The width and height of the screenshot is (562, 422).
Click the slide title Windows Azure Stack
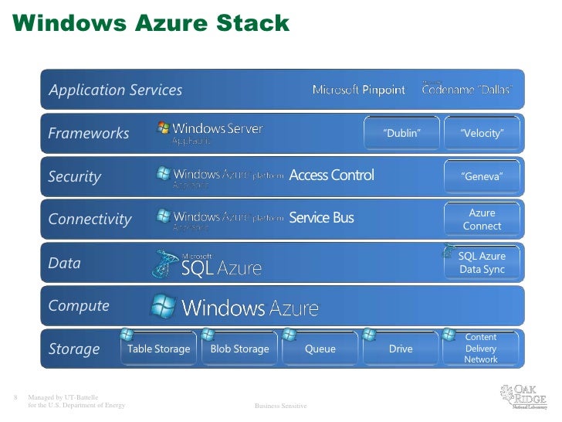click(151, 24)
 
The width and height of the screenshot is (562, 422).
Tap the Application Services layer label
click(116, 90)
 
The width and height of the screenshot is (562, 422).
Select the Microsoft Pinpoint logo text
click(358, 90)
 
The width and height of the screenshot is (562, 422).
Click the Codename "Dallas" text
click(467, 89)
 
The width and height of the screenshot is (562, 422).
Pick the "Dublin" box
click(401, 134)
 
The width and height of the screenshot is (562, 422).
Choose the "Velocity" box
click(482, 134)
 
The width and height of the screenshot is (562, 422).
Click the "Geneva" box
click(482, 177)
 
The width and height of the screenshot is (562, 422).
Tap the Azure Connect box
click(482, 220)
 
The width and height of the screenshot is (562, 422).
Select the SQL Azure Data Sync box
click(482, 263)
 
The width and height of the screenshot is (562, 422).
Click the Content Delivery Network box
click(481, 349)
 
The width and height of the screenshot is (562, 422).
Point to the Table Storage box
click(158, 349)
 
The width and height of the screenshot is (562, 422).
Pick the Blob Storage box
click(240, 349)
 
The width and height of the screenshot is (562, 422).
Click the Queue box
click(320, 349)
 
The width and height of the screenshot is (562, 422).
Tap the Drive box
click(401, 349)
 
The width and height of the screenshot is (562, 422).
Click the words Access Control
click(331, 175)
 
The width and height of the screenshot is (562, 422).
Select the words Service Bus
click(321, 218)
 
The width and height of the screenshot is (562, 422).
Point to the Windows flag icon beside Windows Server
click(164, 128)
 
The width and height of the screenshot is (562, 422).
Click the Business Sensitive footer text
click(280, 406)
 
